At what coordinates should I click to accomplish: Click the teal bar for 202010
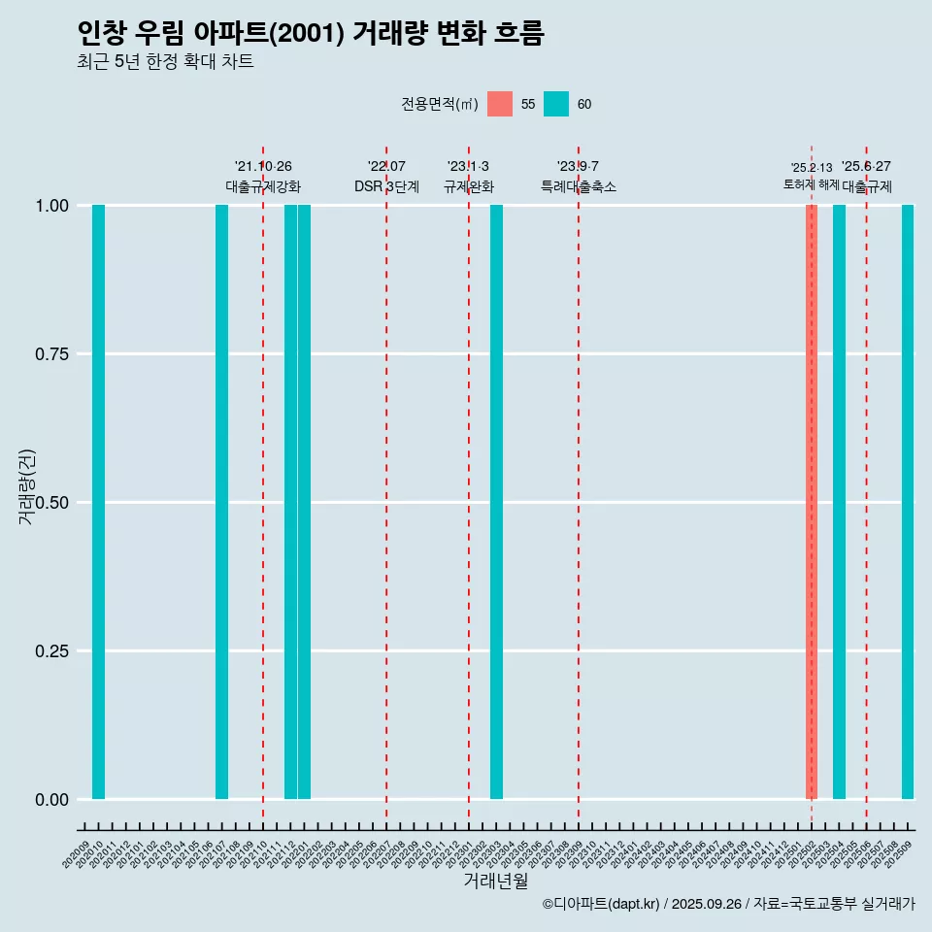point(98,502)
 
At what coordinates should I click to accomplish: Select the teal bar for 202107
point(221,502)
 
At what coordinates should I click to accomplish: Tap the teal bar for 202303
point(496,502)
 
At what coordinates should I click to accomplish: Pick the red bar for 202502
point(812,502)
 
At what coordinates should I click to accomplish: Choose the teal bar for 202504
point(839,502)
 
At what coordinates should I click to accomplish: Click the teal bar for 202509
point(908,502)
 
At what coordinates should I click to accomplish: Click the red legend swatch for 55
point(500,104)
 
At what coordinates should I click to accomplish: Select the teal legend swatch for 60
point(556,104)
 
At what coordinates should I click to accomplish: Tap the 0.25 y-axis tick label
point(52,651)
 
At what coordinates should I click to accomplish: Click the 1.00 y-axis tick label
point(52,206)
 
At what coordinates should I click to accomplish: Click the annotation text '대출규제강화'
point(263,186)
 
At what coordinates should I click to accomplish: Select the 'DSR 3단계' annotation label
point(386,186)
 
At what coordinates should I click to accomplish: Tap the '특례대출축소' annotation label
point(579,186)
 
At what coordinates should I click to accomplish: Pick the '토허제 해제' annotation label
point(812,184)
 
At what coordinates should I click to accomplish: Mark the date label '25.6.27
point(866,167)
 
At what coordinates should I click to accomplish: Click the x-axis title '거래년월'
point(496,881)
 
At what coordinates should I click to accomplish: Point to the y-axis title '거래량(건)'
point(27,486)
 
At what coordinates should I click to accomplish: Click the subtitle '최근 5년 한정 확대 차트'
point(165,62)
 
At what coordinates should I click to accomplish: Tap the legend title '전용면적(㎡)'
point(439,104)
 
